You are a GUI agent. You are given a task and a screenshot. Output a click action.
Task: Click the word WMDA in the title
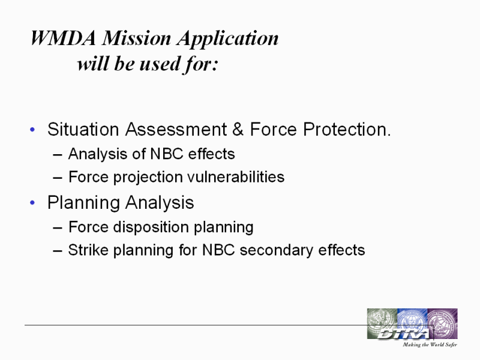click(x=63, y=38)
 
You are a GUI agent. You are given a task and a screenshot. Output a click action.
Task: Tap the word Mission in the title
click(x=136, y=38)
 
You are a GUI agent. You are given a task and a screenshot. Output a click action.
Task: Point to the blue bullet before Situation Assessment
click(x=32, y=130)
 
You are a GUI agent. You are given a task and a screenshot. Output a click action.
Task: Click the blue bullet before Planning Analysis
click(x=32, y=203)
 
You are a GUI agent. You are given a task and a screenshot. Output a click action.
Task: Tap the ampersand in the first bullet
click(x=238, y=129)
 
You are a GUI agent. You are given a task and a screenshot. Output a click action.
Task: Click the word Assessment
click(x=176, y=129)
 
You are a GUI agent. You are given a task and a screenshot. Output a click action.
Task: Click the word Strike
click(x=88, y=250)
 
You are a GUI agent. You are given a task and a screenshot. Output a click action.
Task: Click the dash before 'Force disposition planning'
click(x=58, y=228)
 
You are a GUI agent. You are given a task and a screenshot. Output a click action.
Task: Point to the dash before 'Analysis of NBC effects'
click(x=58, y=155)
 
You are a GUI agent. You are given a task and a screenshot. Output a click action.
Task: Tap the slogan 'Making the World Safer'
click(x=430, y=344)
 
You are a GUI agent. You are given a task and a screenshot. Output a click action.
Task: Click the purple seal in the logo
click(x=442, y=323)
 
